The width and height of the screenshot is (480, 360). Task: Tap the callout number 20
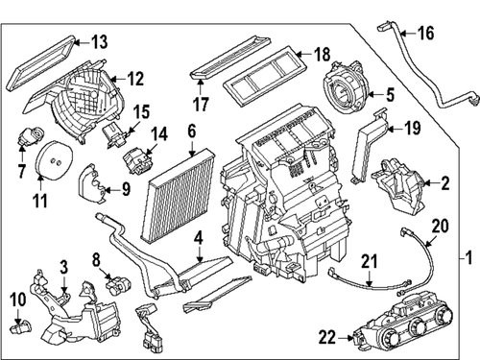tap(441, 227)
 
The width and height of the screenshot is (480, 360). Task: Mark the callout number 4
tap(198, 237)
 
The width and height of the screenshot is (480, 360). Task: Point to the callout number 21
tap(369, 262)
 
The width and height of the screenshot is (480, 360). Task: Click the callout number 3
tap(62, 264)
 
